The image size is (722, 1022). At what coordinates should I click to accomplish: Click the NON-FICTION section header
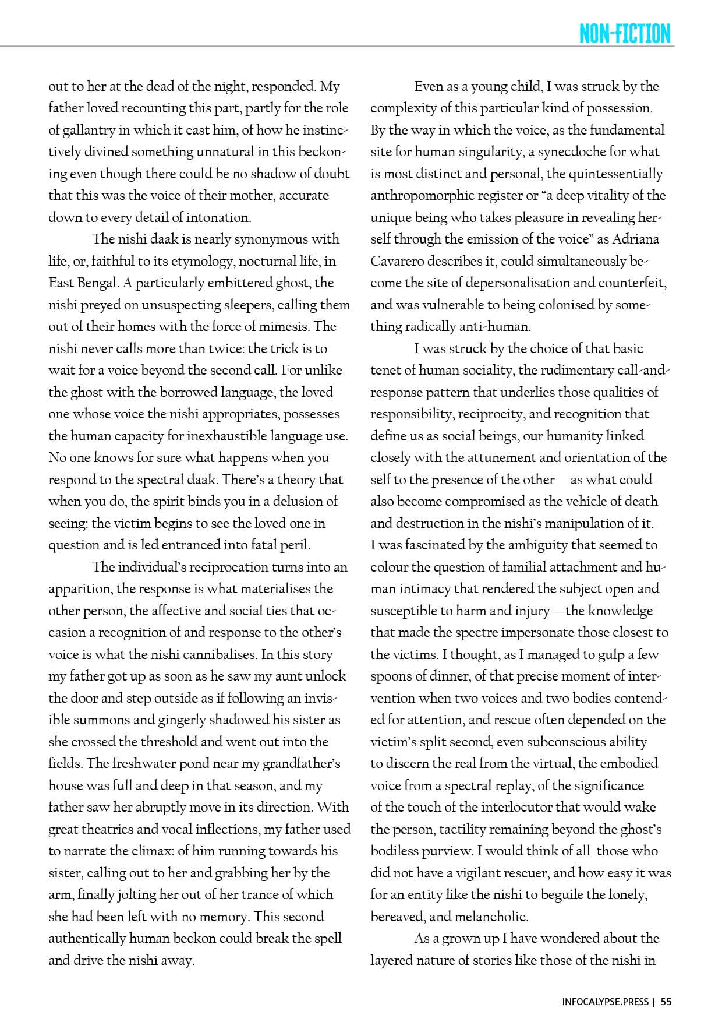[625, 34]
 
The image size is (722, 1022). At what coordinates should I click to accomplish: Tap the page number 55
[666, 1002]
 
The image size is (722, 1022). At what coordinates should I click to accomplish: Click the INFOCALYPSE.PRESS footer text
[605, 1002]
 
